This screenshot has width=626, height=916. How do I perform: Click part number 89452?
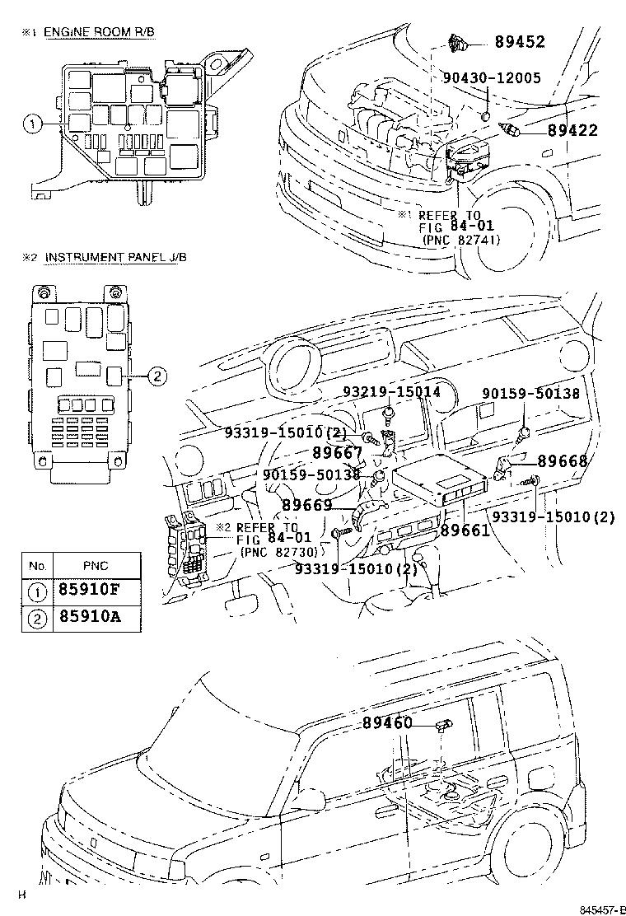[x=520, y=42]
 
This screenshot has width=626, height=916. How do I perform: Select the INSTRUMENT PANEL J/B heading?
[x=115, y=257]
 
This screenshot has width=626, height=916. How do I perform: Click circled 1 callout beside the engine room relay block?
[x=31, y=124]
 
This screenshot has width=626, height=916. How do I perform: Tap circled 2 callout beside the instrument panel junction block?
[x=158, y=377]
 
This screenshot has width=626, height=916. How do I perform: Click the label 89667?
[x=337, y=452]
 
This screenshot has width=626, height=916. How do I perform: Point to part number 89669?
[x=306, y=505]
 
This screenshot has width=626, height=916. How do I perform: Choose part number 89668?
[x=563, y=461]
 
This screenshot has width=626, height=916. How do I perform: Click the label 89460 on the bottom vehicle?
[x=386, y=723]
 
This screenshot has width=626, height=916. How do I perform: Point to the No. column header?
[x=36, y=565]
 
